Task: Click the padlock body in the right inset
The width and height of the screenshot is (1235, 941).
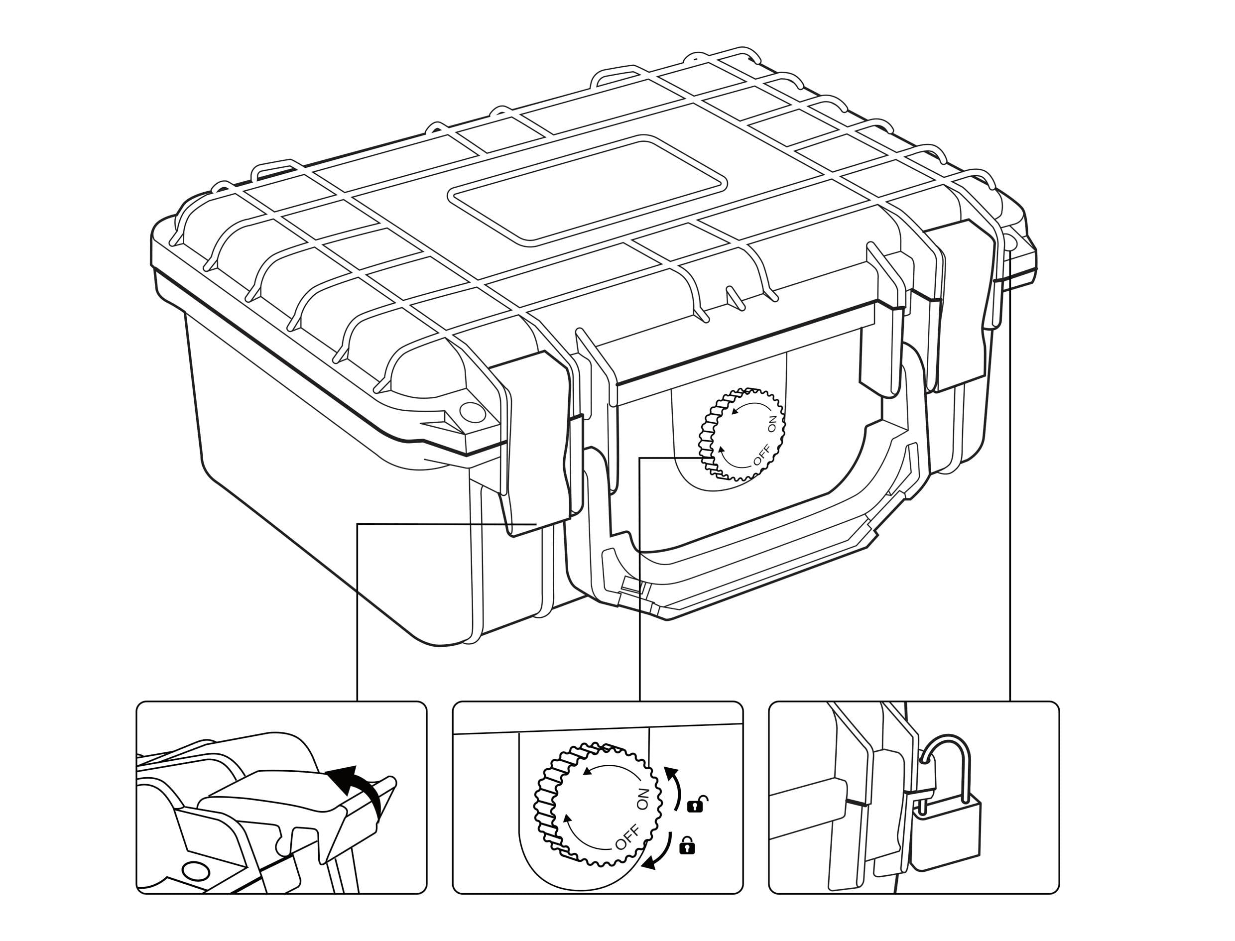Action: tap(946, 834)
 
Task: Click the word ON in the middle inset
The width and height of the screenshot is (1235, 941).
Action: tap(643, 798)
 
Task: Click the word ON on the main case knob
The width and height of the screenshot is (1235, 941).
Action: tap(772, 424)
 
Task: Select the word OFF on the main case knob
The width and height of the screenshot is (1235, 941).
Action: tap(762, 454)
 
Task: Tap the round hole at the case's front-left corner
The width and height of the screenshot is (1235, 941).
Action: tap(472, 412)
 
